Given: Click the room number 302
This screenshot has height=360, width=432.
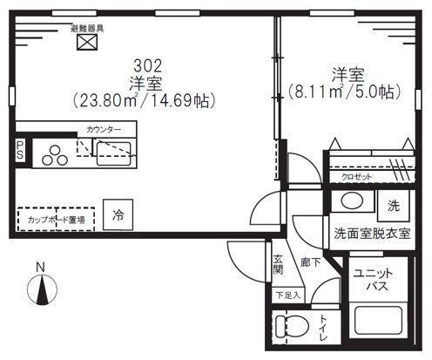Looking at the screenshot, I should [x=145, y=65].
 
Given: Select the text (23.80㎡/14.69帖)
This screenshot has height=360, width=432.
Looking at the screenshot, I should [x=145, y=101].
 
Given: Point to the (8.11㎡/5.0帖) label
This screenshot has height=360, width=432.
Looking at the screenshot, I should [x=344, y=90].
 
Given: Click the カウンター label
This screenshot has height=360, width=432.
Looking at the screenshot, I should [x=105, y=130].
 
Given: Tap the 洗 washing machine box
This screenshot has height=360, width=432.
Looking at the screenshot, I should [x=393, y=207].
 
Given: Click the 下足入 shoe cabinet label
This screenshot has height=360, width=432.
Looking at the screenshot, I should [x=287, y=295].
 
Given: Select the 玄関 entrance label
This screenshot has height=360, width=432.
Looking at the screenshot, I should [x=277, y=264].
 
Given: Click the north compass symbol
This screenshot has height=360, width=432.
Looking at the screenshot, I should [x=40, y=286].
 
